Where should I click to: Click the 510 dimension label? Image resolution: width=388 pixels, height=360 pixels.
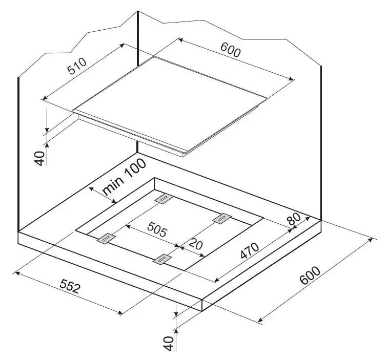77,66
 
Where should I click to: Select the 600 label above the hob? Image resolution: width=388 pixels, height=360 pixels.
230,50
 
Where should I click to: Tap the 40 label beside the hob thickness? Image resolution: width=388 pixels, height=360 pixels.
39,158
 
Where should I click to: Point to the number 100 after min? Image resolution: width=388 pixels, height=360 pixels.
134,167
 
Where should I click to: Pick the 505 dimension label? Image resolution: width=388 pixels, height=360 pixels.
157,229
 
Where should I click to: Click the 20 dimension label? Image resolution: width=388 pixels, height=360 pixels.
195,244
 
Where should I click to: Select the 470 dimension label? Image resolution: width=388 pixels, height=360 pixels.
250,250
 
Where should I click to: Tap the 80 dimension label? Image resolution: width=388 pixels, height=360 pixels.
294,219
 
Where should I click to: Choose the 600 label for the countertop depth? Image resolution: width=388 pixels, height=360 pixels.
310,275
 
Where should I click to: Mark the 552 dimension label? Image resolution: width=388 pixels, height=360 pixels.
70,286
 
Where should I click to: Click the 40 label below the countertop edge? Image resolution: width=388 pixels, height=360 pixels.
169,343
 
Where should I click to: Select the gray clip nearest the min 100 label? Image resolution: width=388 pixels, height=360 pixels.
164,199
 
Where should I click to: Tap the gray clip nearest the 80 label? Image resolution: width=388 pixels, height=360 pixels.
222,218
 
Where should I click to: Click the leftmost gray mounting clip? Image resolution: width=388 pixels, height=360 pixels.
107,238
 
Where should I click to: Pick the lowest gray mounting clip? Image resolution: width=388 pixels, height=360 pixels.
162,259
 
